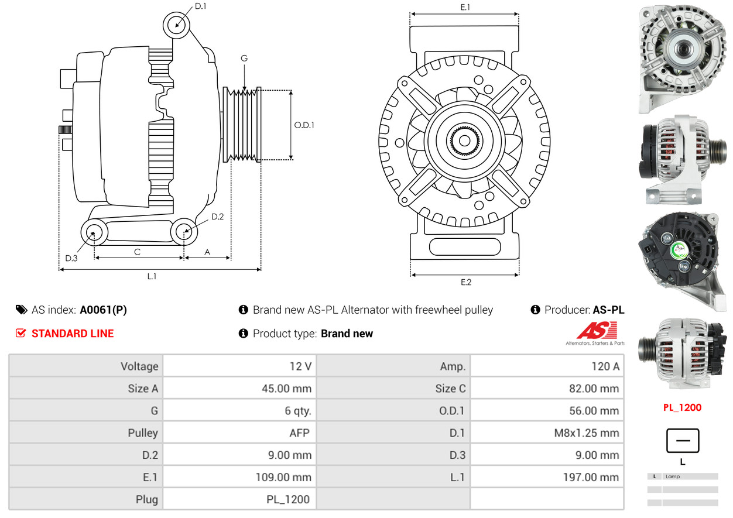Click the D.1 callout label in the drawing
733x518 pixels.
[200, 6]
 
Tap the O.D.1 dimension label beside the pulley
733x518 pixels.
[304, 125]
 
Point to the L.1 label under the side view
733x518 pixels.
[152, 276]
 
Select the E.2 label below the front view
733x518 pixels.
[465, 282]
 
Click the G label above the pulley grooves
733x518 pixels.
[244, 59]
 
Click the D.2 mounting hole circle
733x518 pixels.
[184, 231]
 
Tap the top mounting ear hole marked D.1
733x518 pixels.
[176, 25]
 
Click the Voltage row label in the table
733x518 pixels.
[139, 366]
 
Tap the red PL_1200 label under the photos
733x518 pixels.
[682, 407]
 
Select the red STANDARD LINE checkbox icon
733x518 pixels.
[20, 333]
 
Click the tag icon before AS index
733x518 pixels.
[21, 310]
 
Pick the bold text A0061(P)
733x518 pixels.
[103, 310]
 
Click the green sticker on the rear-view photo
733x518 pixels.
[679, 250]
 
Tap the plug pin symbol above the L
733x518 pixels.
[682, 441]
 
